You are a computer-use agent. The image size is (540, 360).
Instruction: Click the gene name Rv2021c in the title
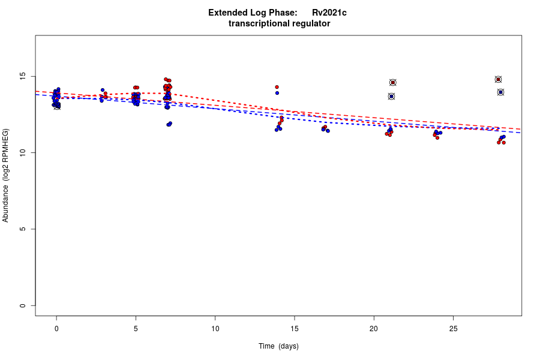coord(329,13)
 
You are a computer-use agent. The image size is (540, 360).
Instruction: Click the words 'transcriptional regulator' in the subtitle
coord(279,23)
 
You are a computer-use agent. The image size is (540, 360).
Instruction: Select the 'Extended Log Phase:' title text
coord(253,13)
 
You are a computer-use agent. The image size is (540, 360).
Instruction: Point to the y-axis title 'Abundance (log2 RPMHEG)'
coord(6,175)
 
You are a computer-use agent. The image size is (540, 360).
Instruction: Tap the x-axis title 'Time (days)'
coord(278,346)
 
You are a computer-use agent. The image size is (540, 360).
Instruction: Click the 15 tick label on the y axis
coord(23,77)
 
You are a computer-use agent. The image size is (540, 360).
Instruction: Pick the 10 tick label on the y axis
coord(23,153)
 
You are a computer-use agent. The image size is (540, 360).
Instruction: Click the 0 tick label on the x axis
coord(56,329)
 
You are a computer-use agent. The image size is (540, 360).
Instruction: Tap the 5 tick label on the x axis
coord(136,329)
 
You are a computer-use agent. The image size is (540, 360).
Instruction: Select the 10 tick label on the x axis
coord(215,329)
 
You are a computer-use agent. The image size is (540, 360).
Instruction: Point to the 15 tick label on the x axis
coord(295,329)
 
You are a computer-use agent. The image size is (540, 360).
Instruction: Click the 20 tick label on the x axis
coord(374,329)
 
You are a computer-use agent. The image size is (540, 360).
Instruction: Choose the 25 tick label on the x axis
coord(453,329)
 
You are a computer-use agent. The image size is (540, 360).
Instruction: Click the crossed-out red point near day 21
coord(392,82)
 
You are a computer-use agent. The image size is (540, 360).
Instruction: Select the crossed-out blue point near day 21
coord(391,96)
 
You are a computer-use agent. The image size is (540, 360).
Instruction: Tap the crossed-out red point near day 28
coord(498,79)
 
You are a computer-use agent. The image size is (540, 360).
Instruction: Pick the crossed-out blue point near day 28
coord(500,92)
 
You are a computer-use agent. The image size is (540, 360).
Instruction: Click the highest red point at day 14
coord(277,87)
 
